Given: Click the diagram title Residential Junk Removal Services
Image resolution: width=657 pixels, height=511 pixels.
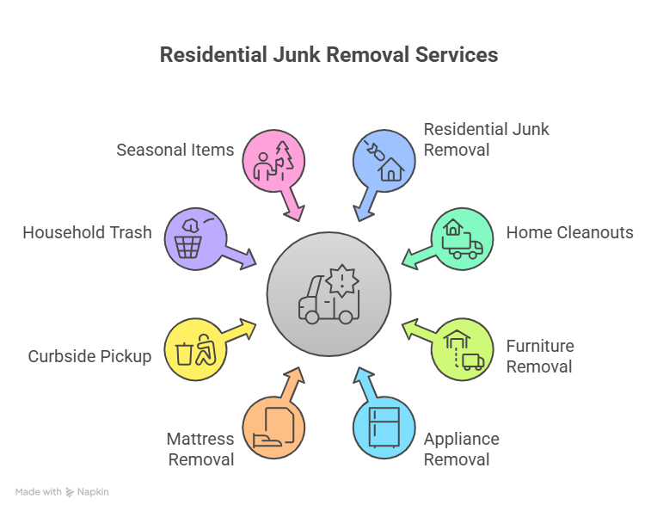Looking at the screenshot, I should (328, 55).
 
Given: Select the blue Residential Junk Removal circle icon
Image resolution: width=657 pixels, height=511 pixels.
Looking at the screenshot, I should (384, 160).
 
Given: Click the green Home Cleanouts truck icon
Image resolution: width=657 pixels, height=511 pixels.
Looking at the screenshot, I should (461, 239).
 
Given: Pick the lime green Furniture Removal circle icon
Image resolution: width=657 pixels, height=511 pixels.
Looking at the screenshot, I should (462, 349).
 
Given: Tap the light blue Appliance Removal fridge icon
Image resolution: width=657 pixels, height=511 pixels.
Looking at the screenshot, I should (384, 427).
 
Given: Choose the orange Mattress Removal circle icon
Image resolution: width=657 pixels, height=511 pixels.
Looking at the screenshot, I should (273, 427).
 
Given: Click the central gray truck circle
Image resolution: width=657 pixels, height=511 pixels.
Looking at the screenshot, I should (328, 293).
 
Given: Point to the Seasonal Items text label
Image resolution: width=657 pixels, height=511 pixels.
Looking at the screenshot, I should (175, 150).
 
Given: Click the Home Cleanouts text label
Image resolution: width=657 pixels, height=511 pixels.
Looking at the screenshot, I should (569, 232).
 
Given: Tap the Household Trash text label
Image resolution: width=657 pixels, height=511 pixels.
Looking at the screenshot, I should (87, 232).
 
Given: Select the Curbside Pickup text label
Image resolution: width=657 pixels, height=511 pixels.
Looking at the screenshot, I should (89, 356).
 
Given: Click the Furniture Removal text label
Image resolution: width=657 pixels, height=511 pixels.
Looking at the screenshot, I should (539, 356).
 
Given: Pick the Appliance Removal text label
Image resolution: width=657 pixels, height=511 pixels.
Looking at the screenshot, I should (461, 449).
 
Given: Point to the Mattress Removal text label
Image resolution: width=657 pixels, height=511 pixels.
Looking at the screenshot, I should (200, 449).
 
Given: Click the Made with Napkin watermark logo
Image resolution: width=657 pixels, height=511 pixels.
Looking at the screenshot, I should (62, 492).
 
